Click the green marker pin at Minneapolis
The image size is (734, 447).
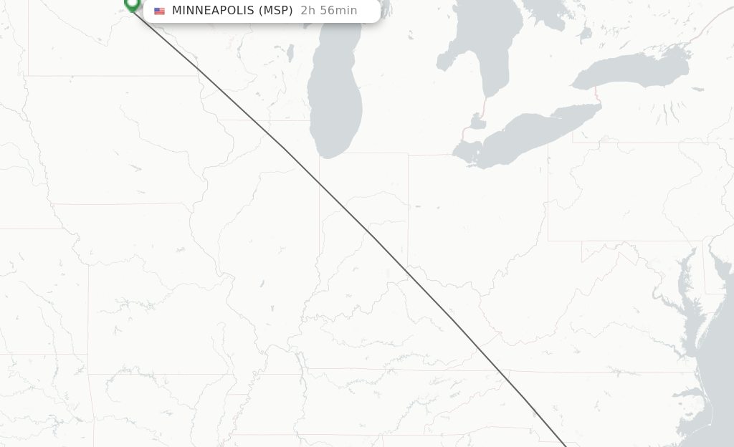point(132,4)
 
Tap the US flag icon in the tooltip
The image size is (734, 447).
point(159,11)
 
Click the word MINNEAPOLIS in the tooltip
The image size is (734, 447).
point(213,11)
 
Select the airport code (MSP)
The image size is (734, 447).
point(275,11)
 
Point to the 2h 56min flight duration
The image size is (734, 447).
point(328,11)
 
